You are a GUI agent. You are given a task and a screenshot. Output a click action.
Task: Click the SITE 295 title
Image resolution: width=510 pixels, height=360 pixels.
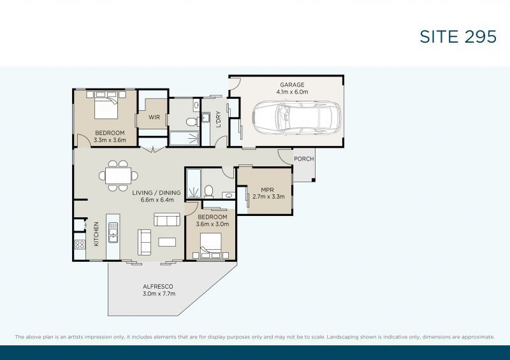pyautogui.click(x=458, y=36)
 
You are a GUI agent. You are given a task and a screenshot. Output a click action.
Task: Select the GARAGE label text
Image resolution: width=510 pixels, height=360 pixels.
pyautogui.click(x=293, y=85)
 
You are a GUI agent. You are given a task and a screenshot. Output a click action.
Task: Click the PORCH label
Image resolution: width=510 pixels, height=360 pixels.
pyautogui.click(x=304, y=159)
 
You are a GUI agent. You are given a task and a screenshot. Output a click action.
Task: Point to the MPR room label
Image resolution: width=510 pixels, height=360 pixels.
pyautogui.click(x=268, y=189)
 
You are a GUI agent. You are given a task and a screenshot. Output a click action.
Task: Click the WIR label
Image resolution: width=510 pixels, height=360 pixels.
pyautogui.click(x=154, y=118)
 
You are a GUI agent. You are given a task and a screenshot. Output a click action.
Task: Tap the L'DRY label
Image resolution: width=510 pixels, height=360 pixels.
pyautogui.click(x=218, y=120)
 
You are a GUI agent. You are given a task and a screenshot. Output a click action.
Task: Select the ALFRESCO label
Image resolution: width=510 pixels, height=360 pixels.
pyautogui.click(x=157, y=287)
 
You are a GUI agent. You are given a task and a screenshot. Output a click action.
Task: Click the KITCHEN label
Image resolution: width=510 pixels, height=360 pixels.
pyautogui.click(x=96, y=233)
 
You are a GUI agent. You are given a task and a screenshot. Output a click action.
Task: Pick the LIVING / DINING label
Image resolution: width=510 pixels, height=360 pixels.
pyautogui.click(x=157, y=192)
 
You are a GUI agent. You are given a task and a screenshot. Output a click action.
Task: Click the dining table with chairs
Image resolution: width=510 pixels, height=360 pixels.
pyautogui.click(x=118, y=175)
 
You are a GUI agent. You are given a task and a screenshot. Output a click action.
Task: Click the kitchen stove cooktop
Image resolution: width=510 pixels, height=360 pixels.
pyautogui.click(x=80, y=243)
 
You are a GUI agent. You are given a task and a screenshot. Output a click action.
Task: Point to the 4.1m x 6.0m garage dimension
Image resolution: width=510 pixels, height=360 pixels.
pyautogui.click(x=293, y=92)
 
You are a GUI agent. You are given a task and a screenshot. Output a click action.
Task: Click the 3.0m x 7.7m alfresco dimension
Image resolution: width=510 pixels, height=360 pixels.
pyautogui.click(x=158, y=294)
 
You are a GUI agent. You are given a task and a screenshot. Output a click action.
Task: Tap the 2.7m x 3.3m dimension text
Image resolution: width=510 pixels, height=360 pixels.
pyautogui.click(x=268, y=197)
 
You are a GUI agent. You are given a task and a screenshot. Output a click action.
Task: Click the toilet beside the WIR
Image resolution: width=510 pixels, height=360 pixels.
pyautogui.click(x=189, y=122)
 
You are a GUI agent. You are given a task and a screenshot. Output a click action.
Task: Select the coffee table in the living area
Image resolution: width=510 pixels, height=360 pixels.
pyautogui.click(x=167, y=241)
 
